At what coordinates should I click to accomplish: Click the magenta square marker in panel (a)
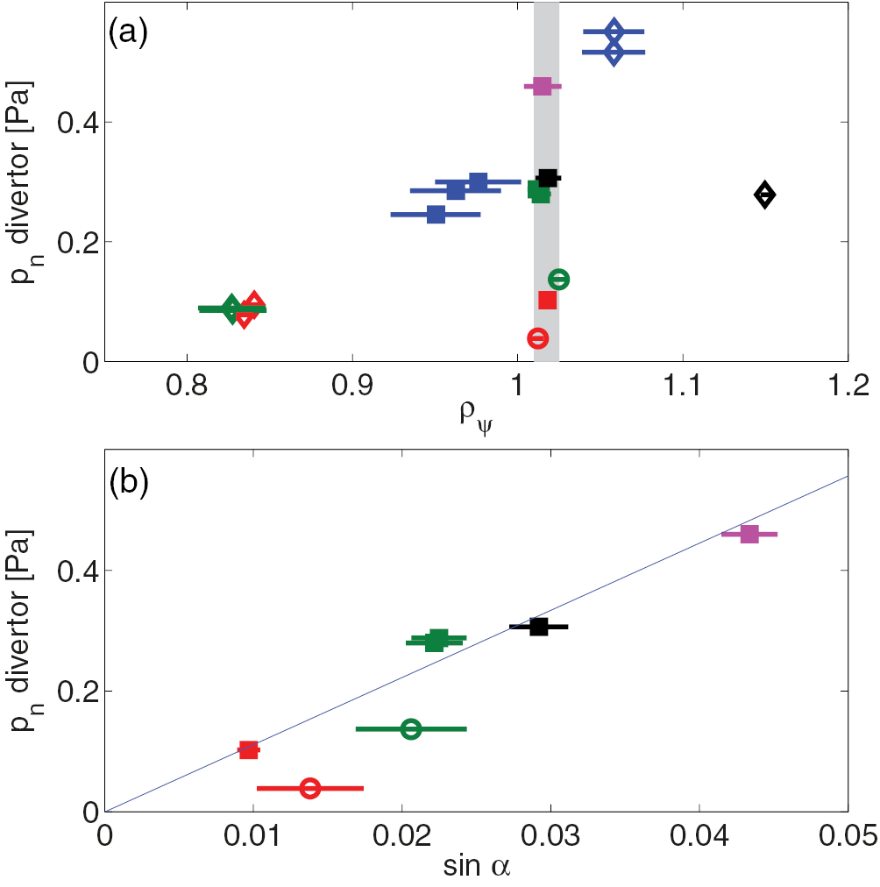point(543,86)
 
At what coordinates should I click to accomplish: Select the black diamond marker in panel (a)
point(764,195)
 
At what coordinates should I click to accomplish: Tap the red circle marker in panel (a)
point(538,338)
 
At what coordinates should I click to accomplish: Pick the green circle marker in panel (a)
point(558,280)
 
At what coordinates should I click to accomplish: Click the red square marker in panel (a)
point(547,300)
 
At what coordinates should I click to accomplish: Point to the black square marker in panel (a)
point(548,178)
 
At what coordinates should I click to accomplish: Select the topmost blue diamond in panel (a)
point(614,32)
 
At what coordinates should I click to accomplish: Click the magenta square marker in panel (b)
point(749,534)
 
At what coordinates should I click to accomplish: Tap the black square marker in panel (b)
point(539,627)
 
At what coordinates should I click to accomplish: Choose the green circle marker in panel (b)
point(410,728)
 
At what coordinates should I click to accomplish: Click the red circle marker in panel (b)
point(309,788)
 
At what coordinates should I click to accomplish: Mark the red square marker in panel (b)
point(249,749)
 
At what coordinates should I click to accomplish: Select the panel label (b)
point(127,482)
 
